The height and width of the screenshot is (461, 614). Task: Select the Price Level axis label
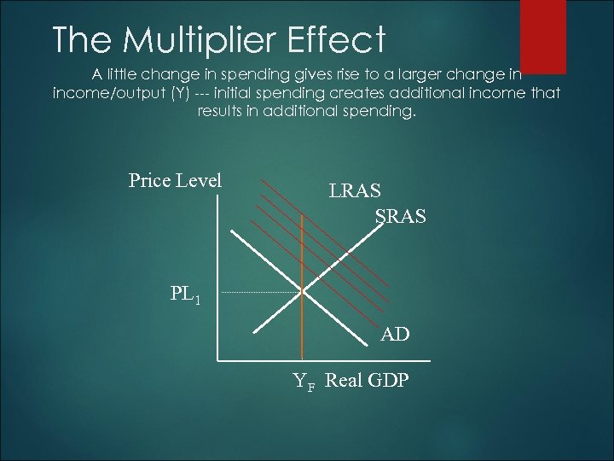tap(175, 180)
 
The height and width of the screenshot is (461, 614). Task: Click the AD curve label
tap(395, 335)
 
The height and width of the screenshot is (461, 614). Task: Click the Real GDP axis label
tap(368, 381)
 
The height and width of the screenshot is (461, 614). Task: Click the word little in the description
tap(114, 74)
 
